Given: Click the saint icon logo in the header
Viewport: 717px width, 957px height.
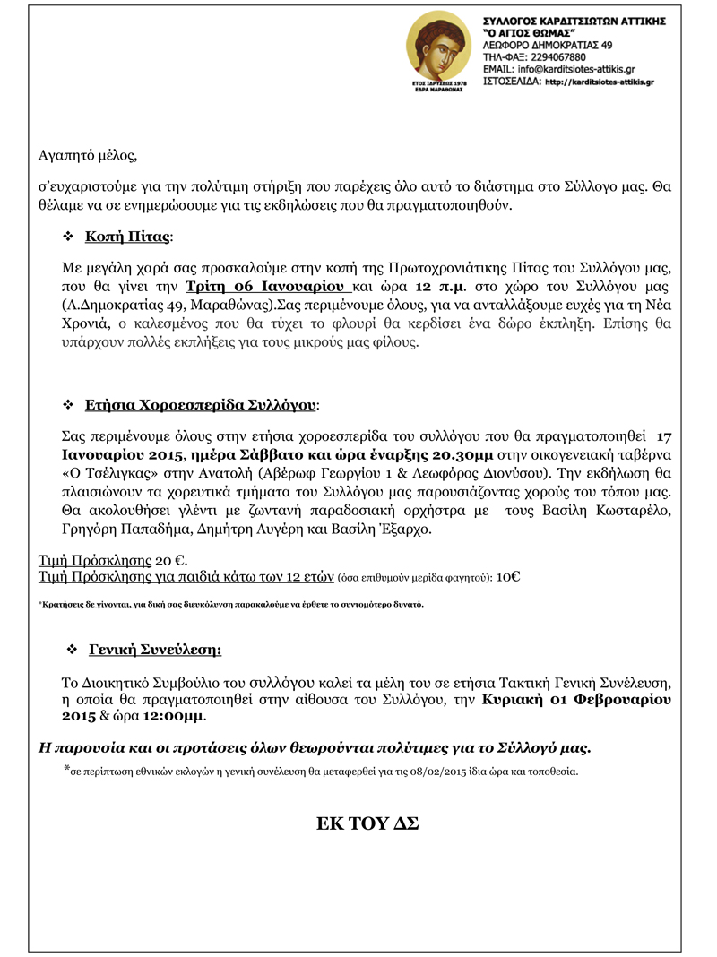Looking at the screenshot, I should tap(438, 51).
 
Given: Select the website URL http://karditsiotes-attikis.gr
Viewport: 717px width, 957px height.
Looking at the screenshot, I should tap(600, 81).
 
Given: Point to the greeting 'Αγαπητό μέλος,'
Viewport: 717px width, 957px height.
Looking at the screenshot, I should tap(89, 155).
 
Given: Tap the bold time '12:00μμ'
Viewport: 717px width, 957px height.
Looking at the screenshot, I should tap(174, 717).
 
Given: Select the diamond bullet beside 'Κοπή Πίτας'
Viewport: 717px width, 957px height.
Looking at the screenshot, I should tap(67, 237).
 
